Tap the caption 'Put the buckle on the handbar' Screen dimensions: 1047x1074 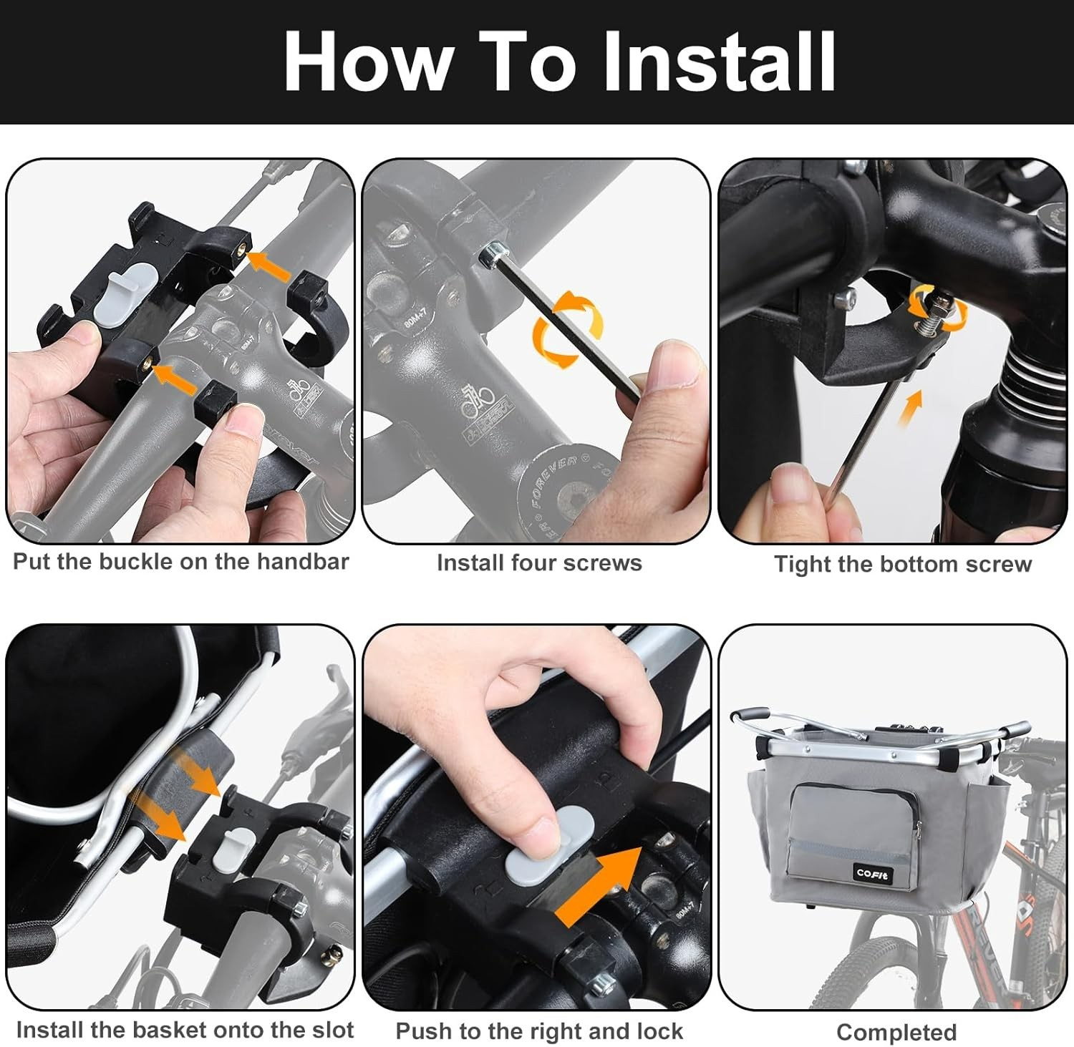[180, 562]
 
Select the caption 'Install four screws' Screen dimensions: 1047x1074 [539, 563]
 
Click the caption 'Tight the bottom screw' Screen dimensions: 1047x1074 [902, 565]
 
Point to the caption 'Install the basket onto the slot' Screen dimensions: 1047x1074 [185, 1030]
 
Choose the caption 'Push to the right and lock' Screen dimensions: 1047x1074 [539, 1031]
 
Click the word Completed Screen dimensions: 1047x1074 [896, 1033]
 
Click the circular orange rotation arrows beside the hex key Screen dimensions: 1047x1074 [567, 329]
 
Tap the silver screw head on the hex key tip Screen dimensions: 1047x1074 [491, 251]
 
